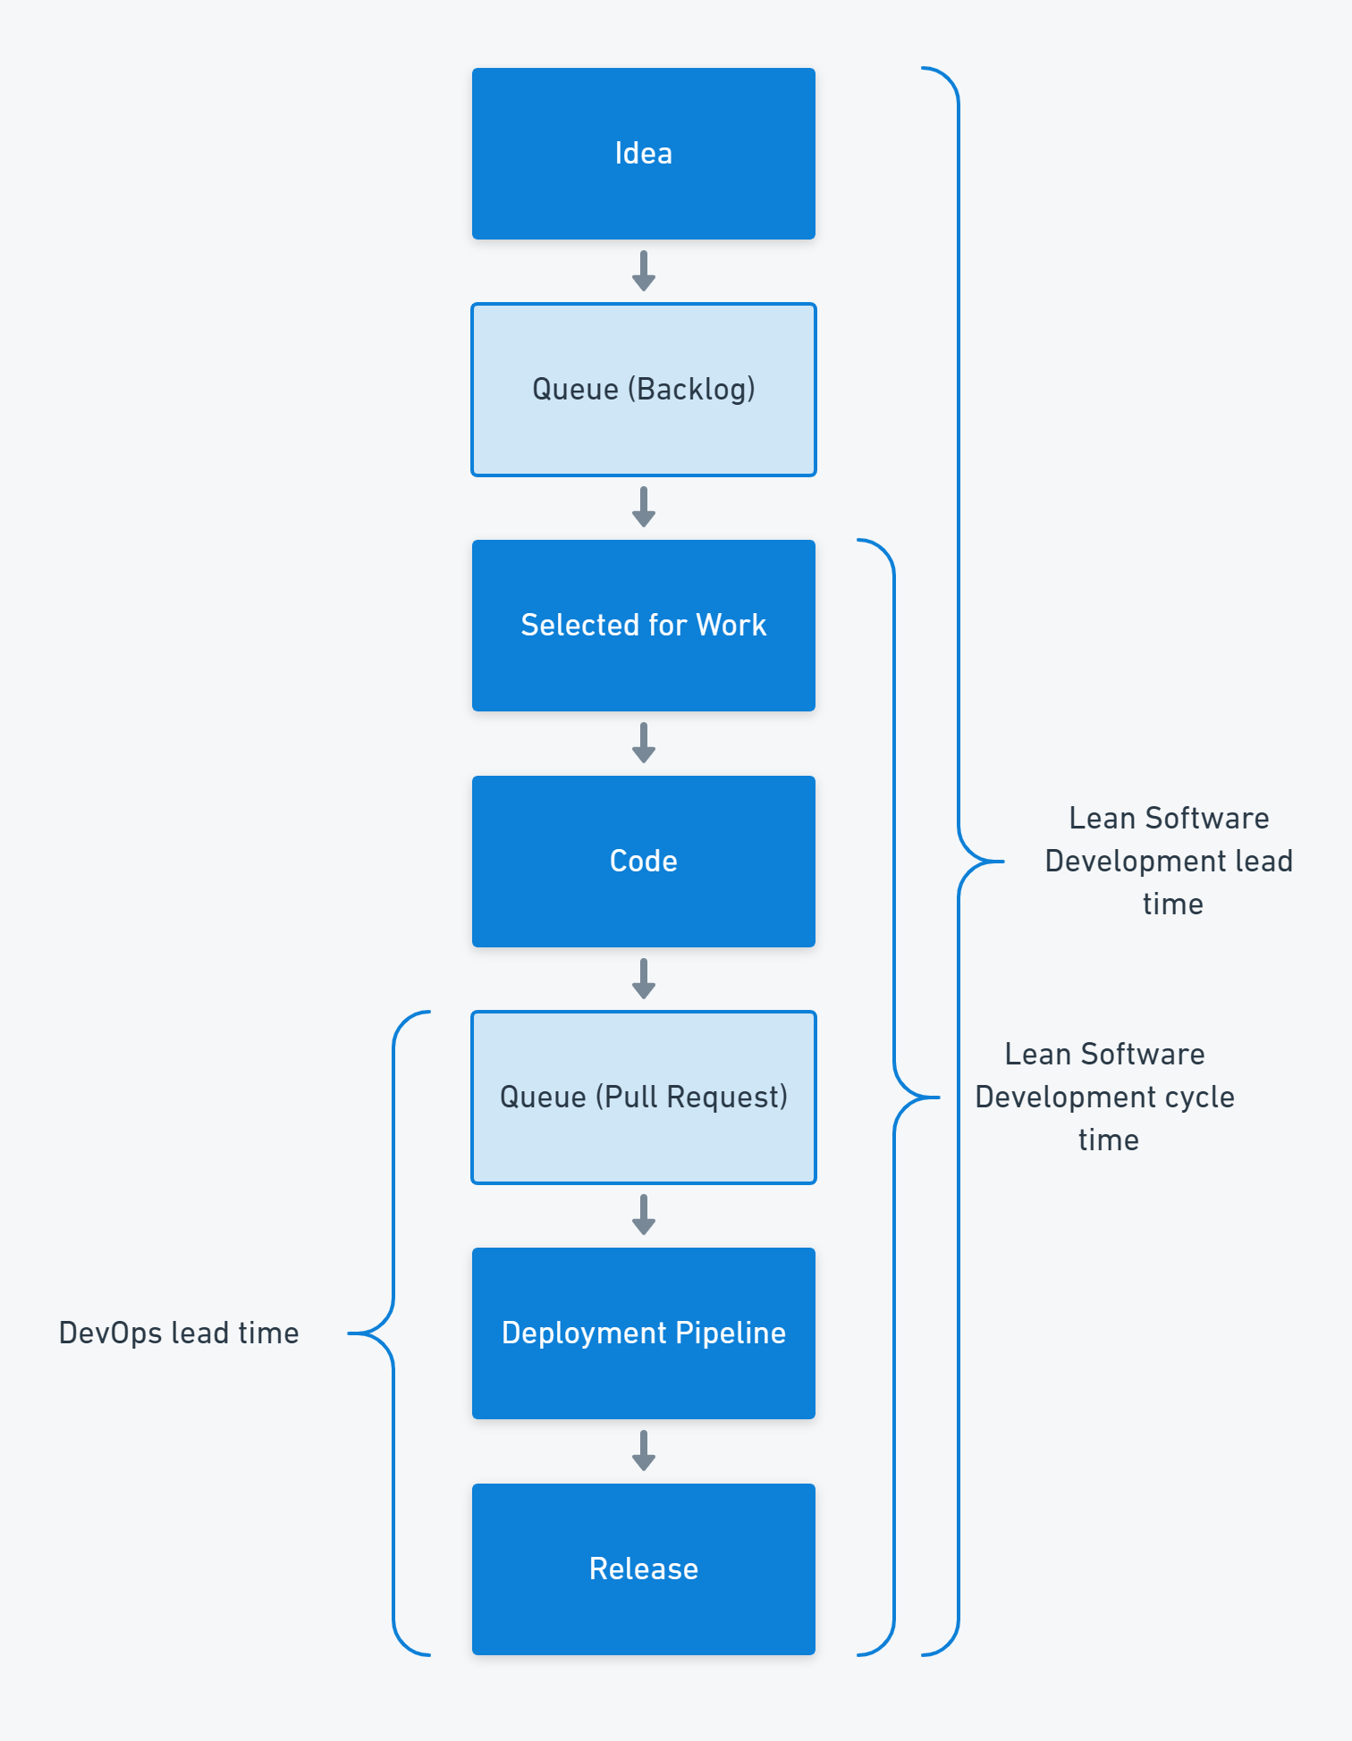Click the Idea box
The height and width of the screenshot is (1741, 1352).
[x=643, y=154]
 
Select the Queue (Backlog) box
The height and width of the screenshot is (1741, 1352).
[x=643, y=390]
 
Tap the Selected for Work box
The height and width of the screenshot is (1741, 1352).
[x=643, y=626]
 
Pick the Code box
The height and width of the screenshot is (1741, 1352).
[x=643, y=862]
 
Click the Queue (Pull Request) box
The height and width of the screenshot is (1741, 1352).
[x=643, y=1098]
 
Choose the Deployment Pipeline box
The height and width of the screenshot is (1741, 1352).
[x=643, y=1333]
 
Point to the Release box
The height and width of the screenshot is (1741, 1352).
[x=643, y=1569]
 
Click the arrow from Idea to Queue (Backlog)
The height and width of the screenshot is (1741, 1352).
[x=643, y=272]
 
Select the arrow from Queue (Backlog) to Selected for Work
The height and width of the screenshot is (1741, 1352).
[x=643, y=508]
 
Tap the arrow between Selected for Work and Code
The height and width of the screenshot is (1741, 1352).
[x=643, y=744]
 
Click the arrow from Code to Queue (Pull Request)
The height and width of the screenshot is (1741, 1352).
[x=643, y=980]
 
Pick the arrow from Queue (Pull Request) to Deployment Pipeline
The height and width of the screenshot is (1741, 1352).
[x=643, y=1215]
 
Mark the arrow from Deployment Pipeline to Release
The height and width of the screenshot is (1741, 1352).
[x=643, y=1451]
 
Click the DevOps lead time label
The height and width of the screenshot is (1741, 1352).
[x=179, y=1333]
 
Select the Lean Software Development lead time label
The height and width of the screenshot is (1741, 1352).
[x=1170, y=862]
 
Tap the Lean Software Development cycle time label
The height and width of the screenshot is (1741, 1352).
[x=1105, y=1098]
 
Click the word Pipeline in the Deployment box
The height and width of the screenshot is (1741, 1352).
[x=731, y=1333]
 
